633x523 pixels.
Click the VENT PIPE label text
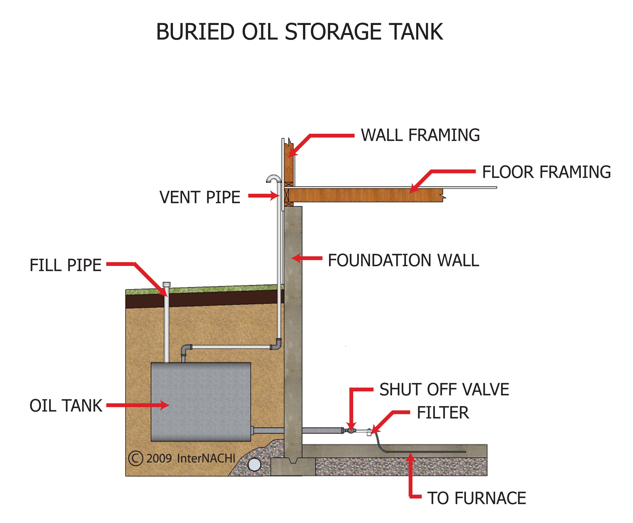point(200,198)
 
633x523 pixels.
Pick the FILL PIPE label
point(65,265)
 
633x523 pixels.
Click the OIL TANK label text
point(66,406)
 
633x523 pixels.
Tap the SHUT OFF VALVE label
point(444,389)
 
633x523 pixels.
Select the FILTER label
point(443,413)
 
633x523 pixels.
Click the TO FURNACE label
point(476,498)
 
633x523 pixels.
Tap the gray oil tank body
point(201,402)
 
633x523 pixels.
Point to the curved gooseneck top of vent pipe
point(273,178)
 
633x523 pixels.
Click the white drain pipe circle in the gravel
point(254,464)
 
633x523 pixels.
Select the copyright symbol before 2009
point(135,458)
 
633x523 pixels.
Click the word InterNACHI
point(206,458)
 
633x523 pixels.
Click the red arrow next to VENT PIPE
point(264,196)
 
